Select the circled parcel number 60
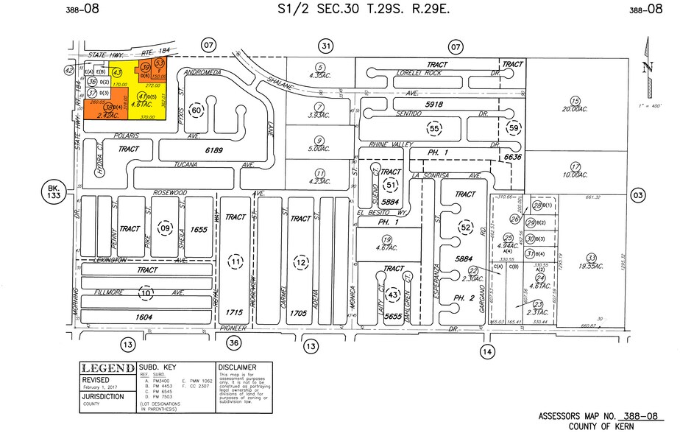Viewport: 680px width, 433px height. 196,110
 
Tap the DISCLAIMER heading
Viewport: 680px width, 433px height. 236,367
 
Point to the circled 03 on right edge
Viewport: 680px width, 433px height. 638,194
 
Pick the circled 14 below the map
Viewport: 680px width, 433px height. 486,351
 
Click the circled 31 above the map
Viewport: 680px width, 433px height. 326,46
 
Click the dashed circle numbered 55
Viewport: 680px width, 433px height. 434,128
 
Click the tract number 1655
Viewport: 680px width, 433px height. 199,230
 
